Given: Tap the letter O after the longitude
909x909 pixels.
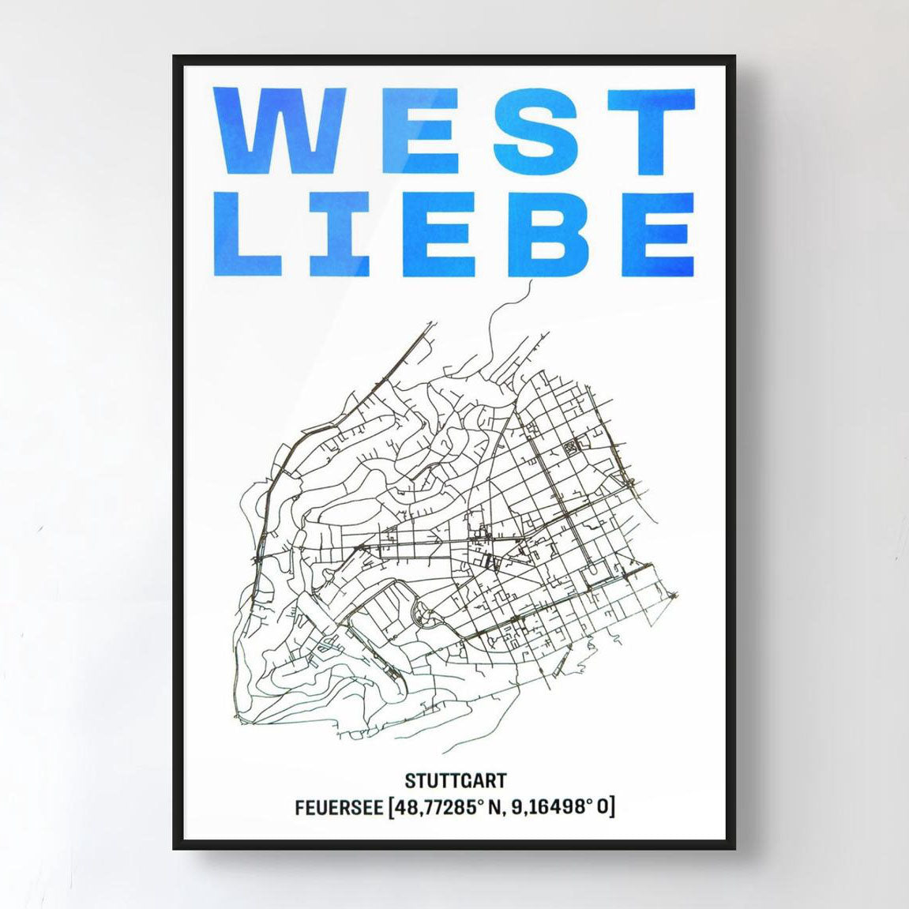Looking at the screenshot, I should [x=603, y=808].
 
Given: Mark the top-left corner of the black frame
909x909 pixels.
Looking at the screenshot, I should [x=175, y=57].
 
